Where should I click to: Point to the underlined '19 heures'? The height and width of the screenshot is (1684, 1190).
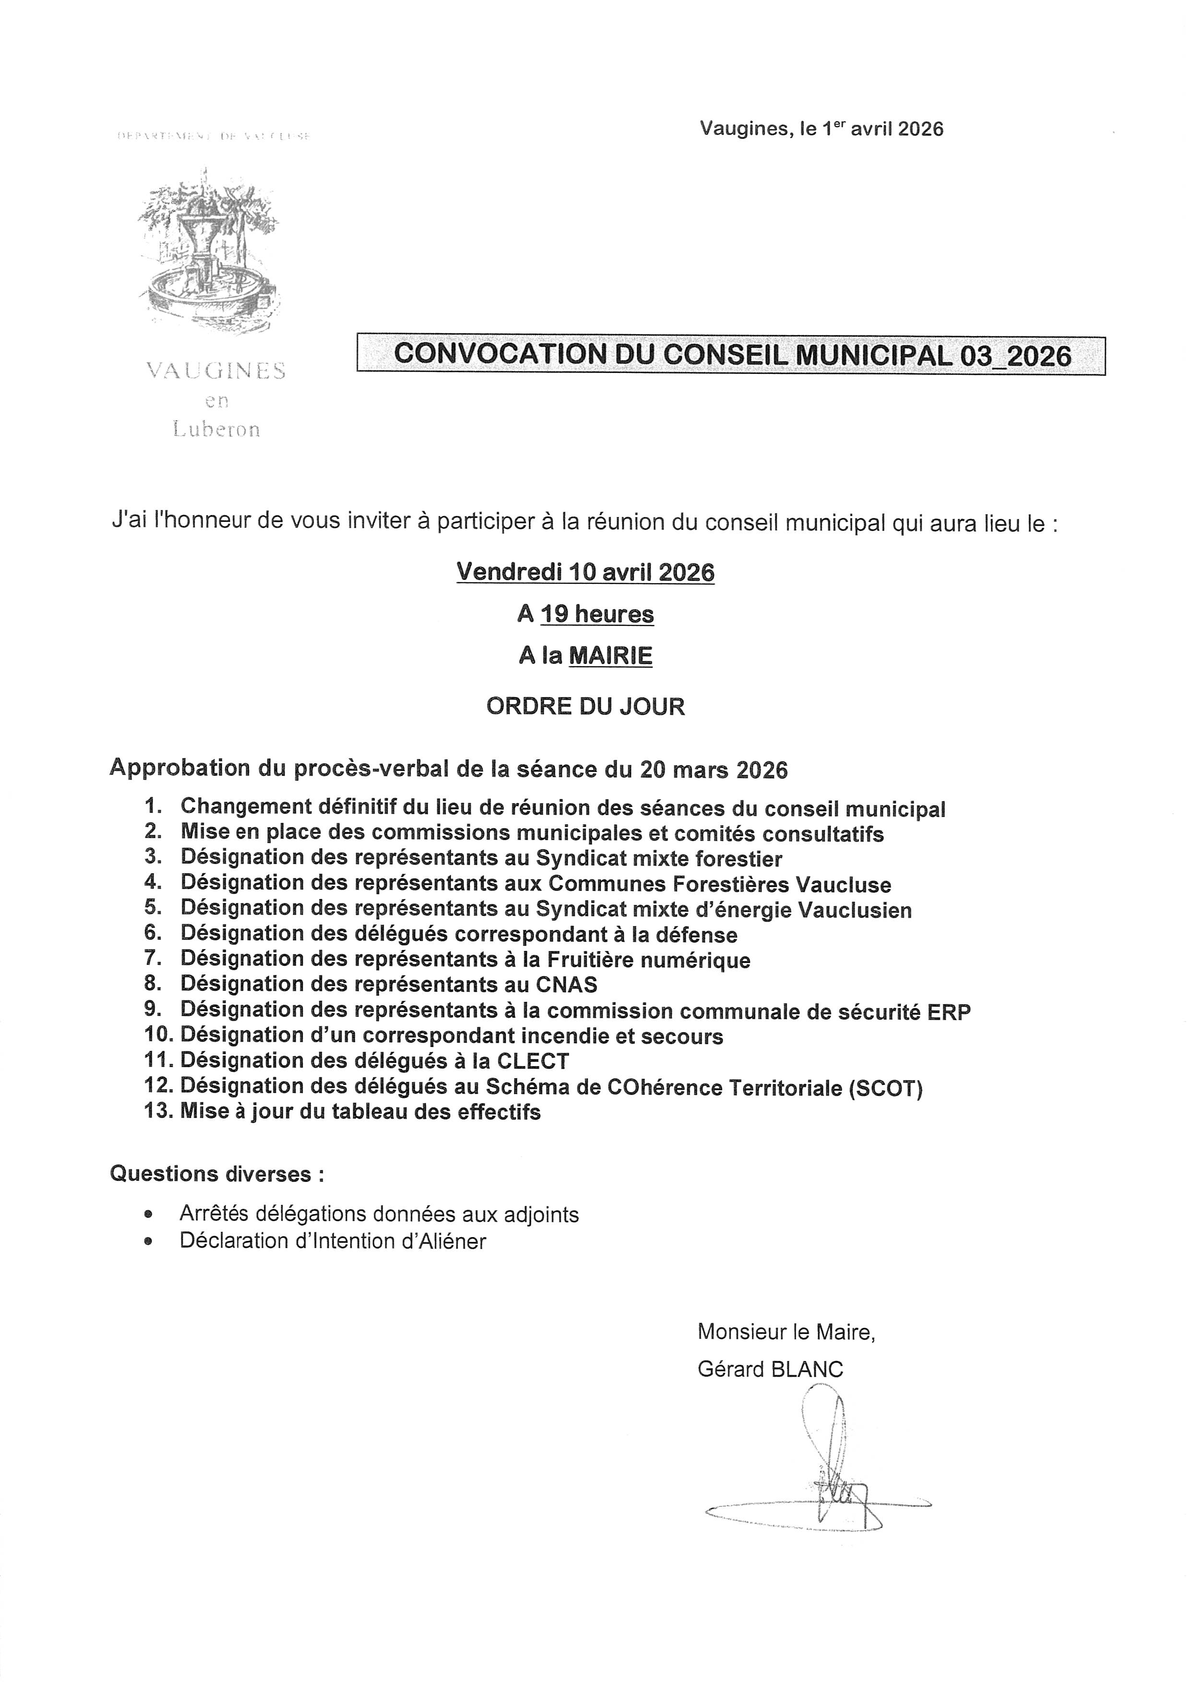597,614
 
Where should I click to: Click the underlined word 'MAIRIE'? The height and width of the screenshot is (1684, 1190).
611,656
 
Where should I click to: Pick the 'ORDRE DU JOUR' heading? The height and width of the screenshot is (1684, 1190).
585,706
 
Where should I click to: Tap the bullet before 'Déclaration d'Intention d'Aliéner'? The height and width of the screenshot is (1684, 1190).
150,1241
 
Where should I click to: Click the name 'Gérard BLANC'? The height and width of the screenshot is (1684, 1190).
770,1370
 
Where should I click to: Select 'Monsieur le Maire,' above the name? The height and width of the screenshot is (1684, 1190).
786,1331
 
